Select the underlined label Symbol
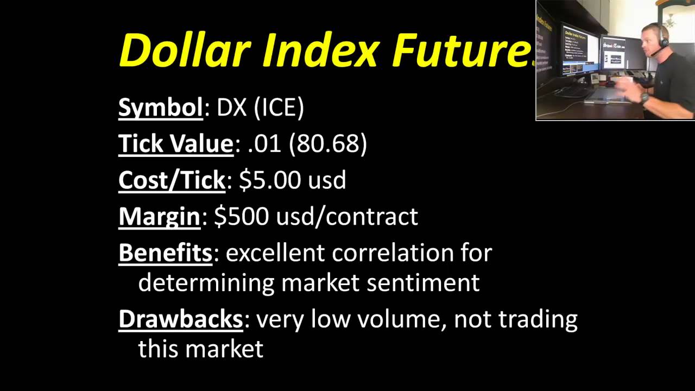[x=160, y=108]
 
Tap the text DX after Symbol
[x=231, y=108]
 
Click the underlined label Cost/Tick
[x=172, y=180]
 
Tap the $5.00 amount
[x=269, y=180]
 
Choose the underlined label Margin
[x=159, y=216]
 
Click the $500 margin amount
[x=241, y=216]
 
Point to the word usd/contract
[x=347, y=216]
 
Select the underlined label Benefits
[x=165, y=253]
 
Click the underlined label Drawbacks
[x=180, y=319]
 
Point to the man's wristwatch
[x=645, y=98]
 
